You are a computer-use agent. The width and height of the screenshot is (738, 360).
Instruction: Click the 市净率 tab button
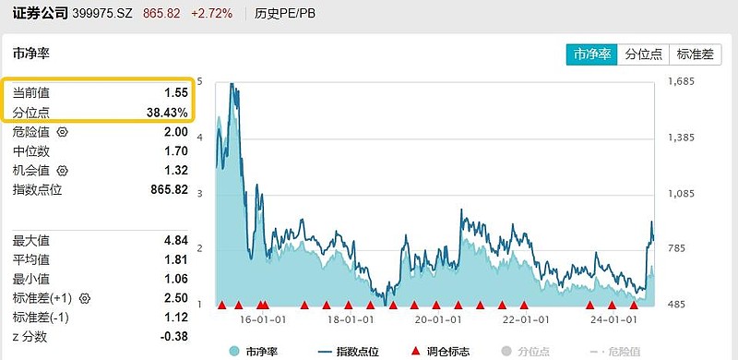(591, 54)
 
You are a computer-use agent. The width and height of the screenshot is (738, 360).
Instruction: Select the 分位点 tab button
(643, 54)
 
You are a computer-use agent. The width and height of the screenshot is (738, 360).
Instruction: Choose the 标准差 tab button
(696, 54)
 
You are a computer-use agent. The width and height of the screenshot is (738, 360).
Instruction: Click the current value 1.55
(176, 93)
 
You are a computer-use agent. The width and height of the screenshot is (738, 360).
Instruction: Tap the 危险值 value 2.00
(175, 132)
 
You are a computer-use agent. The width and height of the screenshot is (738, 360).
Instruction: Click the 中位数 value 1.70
(175, 151)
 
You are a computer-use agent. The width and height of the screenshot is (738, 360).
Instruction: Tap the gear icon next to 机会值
(63, 171)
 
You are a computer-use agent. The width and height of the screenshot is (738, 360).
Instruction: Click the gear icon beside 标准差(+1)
(86, 299)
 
